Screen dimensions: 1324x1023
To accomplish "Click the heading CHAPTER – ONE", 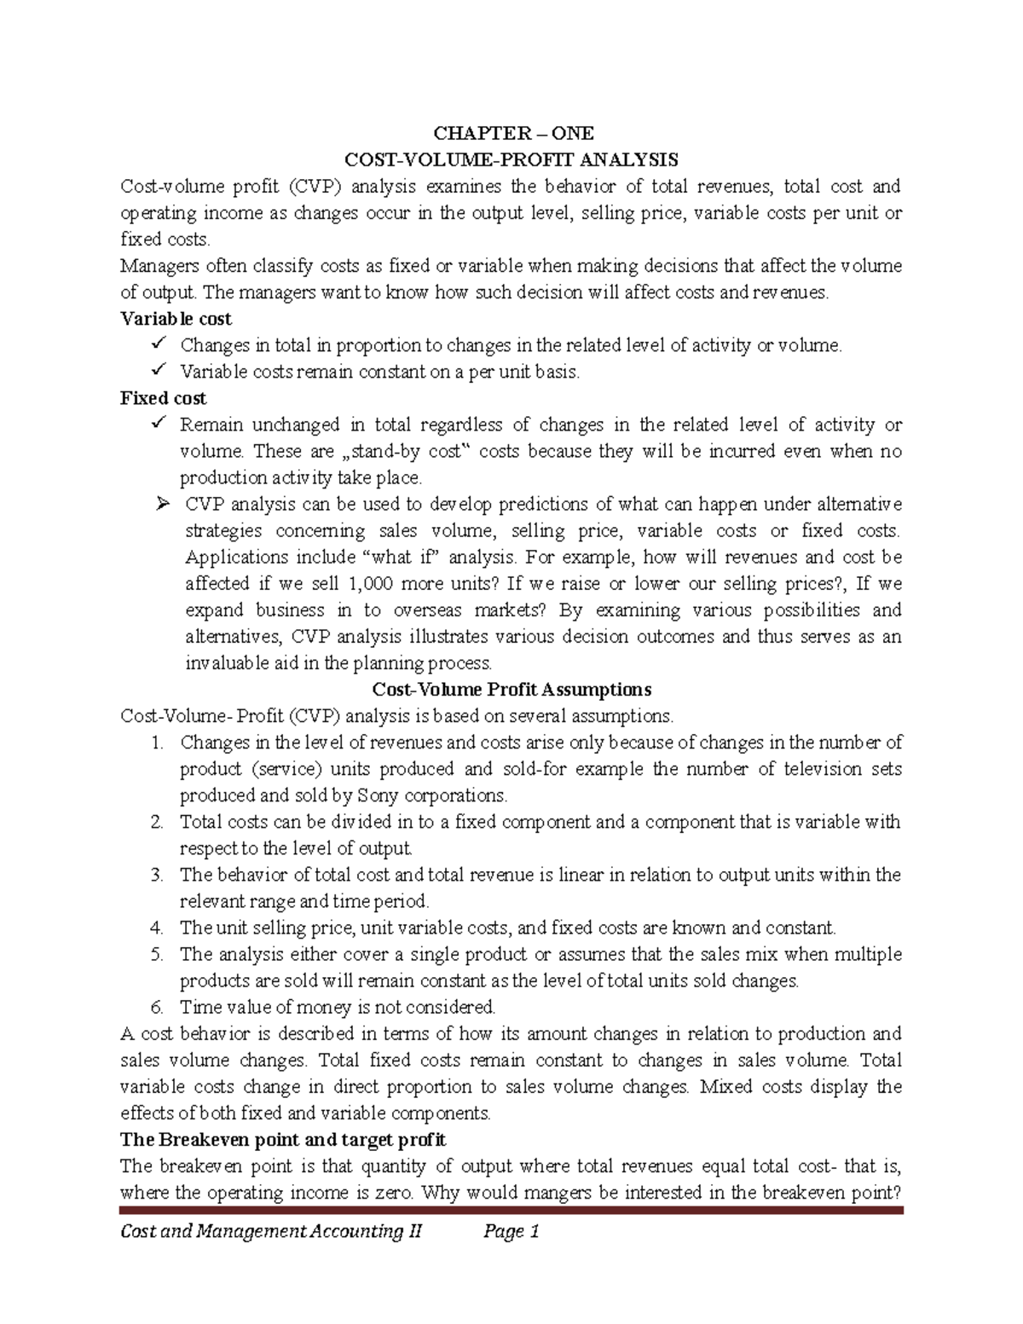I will point(513,133).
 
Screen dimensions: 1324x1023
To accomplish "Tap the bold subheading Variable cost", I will point(176,319).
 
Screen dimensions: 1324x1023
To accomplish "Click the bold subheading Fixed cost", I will point(163,398).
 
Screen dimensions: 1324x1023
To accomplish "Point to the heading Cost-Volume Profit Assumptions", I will point(511,689).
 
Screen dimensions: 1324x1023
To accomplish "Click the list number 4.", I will point(156,928).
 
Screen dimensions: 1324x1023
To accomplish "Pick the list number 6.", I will point(156,1007).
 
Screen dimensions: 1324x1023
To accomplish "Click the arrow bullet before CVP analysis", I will point(164,504).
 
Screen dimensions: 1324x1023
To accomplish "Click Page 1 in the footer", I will point(511,1231).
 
